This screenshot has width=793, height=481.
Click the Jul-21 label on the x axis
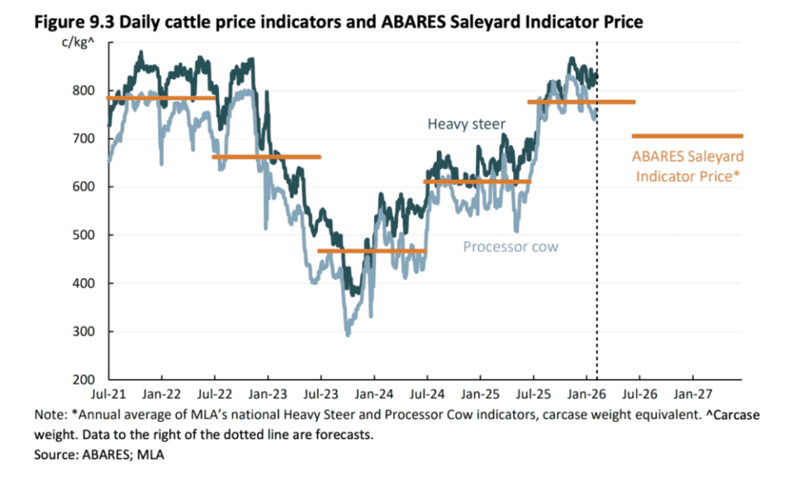108,393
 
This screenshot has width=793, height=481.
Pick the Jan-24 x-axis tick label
373,393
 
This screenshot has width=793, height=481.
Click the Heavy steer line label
466,125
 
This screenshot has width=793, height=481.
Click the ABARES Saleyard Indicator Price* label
687,166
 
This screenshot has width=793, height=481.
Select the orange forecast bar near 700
687,136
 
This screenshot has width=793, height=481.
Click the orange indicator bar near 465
372,251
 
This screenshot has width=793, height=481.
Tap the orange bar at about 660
267,157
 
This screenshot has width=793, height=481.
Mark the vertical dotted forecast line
597,248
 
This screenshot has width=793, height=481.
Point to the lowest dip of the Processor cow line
348,334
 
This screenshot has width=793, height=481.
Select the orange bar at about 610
477,182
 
